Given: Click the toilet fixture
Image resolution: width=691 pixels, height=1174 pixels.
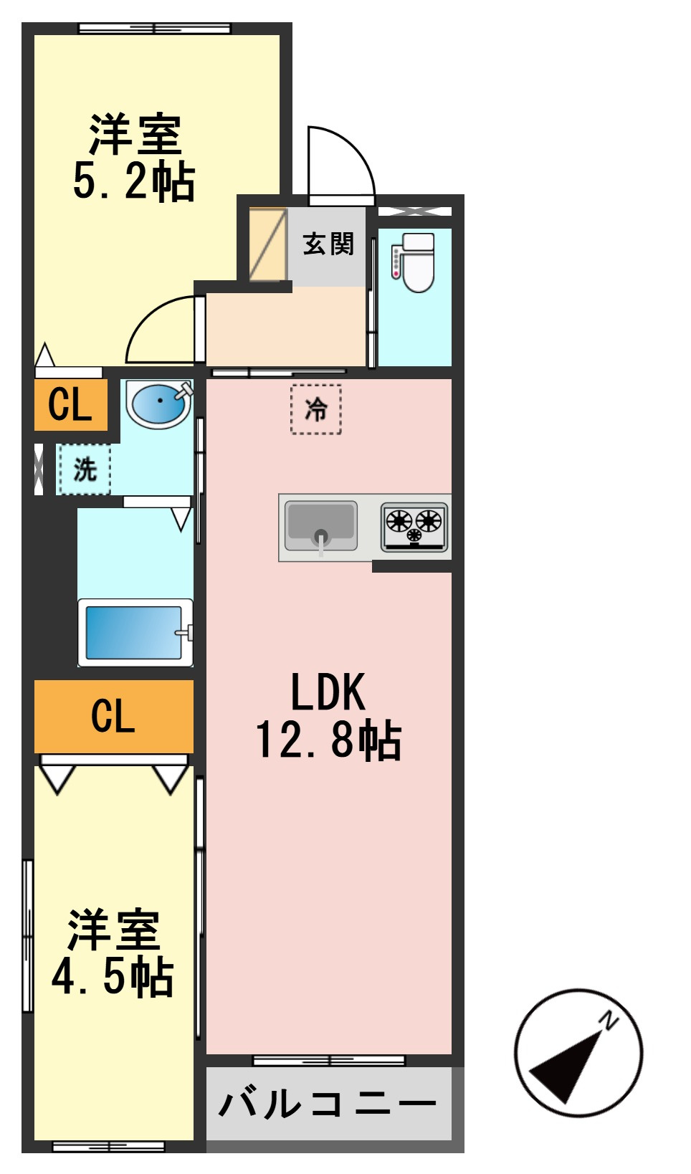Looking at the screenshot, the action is (x=414, y=262).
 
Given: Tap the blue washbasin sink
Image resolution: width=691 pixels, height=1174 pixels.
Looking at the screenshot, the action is (x=159, y=404).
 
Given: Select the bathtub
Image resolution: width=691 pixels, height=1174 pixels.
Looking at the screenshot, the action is (x=135, y=632).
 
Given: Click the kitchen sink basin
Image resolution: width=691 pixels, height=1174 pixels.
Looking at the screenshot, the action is (x=321, y=525).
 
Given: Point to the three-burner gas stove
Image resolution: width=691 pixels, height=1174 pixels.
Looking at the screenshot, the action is (x=414, y=527).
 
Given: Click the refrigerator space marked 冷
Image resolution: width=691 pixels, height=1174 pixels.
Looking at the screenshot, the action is (x=316, y=409).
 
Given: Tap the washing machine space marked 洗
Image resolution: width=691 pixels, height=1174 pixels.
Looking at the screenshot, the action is (x=85, y=469).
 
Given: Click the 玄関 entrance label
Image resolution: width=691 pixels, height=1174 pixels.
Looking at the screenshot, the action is (x=328, y=244).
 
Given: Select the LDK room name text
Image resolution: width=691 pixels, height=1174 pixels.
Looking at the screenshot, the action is (x=328, y=692).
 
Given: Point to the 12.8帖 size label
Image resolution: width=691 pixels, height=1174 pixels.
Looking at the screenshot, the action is (x=328, y=740).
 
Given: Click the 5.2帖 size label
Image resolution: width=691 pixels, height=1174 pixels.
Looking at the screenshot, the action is (x=134, y=182).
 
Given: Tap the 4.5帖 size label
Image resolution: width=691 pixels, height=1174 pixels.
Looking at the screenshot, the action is (x=113, y=977).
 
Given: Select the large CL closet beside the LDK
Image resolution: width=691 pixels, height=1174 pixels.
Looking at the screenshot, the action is (x=114, y=717).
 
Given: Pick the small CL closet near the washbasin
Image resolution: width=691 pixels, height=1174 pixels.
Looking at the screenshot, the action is (x=71, y=405).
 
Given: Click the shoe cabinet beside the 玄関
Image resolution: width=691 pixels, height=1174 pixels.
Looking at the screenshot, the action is (x=267, y=244).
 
